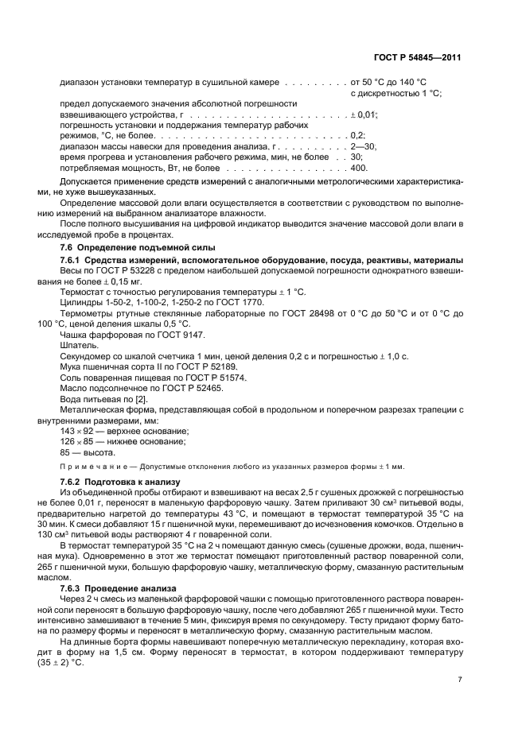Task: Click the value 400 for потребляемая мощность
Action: [x=358, y=169]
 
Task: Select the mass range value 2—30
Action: [x=363, y=147]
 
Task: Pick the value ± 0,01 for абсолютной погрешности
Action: [x=364, y=115]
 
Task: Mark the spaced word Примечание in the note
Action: [x=94, y=466]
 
